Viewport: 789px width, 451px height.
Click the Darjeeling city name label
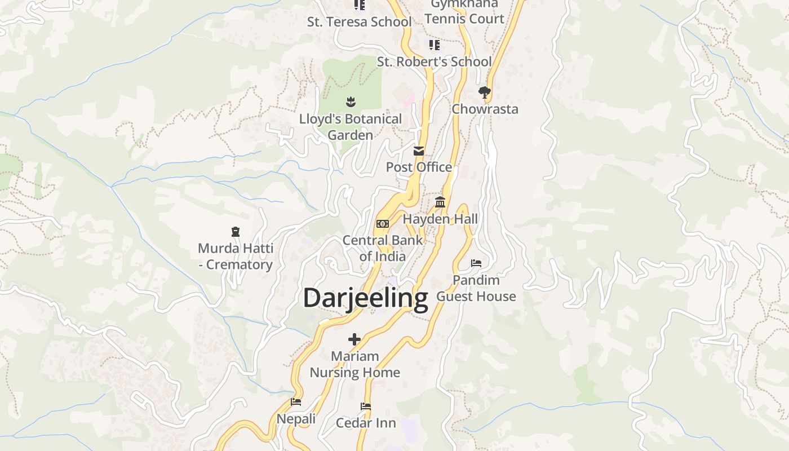(366, 298)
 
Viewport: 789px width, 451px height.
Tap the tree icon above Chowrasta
(484, 92)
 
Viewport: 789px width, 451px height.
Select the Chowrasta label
(485, 109)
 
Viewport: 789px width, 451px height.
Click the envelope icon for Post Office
(419, 151)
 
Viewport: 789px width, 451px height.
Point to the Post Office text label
(419, 167)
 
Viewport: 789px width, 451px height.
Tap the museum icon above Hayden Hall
(440, 202)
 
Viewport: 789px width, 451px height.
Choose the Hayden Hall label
(440, 219)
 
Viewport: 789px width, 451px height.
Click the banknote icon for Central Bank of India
(383, 224)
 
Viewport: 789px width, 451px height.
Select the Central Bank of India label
(383, 248)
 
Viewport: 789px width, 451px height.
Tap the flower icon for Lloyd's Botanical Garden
(351, 102)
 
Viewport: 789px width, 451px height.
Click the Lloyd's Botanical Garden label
(351, 127)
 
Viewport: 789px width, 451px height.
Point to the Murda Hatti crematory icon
(236, 231)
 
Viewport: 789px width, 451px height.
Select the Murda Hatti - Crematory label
(236, 257)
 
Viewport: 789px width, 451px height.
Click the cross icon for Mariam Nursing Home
(354, 339)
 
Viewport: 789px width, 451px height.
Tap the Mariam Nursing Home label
(355, 364)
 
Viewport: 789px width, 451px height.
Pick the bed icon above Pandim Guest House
(476, 263)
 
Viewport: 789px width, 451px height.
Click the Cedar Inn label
(366, 423)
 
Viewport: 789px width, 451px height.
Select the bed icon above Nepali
(296, 402)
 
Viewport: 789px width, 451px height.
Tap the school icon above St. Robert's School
(434, 45)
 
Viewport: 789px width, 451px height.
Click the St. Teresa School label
(359, 22)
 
